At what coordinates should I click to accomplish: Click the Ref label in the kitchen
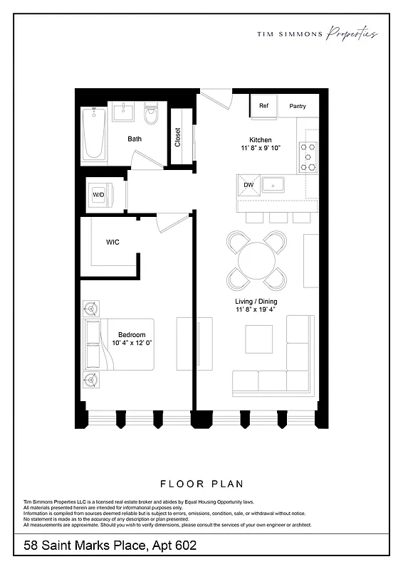point(263,106)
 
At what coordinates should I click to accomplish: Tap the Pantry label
point(298,106)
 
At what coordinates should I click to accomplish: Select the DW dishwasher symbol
point(248,185)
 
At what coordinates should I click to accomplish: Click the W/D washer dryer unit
point(98,193)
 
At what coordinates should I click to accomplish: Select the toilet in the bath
point(151,115)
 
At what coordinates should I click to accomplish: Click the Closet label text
point(177,137)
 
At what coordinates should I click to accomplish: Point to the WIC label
point(112,243)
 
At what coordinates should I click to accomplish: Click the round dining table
point(256,261)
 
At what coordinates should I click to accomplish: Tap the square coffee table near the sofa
point(258,339)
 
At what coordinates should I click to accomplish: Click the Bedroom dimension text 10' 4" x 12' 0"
point(132,343)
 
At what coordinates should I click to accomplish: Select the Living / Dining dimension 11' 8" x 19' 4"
point(256,310)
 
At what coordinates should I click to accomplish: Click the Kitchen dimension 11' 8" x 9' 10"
point(261,148)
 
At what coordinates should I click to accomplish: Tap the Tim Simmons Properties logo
point(317,33)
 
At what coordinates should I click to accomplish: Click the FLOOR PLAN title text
point(201,483)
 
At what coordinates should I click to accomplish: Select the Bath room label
point(135,139)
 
